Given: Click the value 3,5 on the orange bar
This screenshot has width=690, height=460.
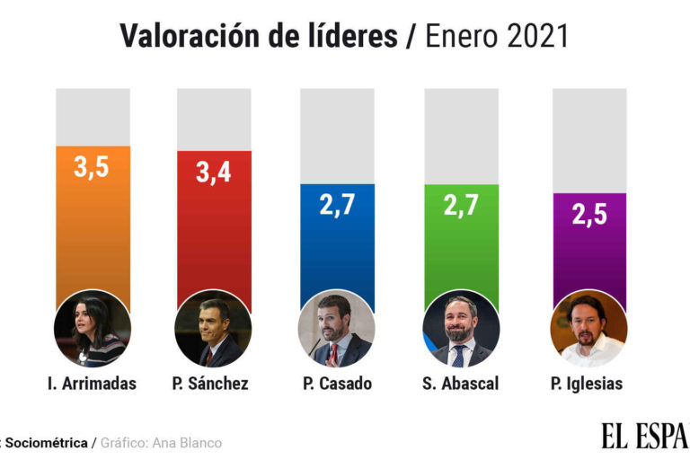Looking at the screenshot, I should (92, 167).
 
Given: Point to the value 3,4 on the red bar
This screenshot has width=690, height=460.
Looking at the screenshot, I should (213, 172).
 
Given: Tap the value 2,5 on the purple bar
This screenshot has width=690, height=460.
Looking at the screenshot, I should (588, 216).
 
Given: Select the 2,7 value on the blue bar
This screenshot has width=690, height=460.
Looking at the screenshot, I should (337, 205).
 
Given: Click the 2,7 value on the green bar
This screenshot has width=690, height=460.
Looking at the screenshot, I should (460, 205).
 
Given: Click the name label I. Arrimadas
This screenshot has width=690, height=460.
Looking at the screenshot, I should (92, 384).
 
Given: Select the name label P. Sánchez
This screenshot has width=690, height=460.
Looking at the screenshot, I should (210, 384).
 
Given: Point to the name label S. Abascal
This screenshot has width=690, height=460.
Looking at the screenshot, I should (460, 384).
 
